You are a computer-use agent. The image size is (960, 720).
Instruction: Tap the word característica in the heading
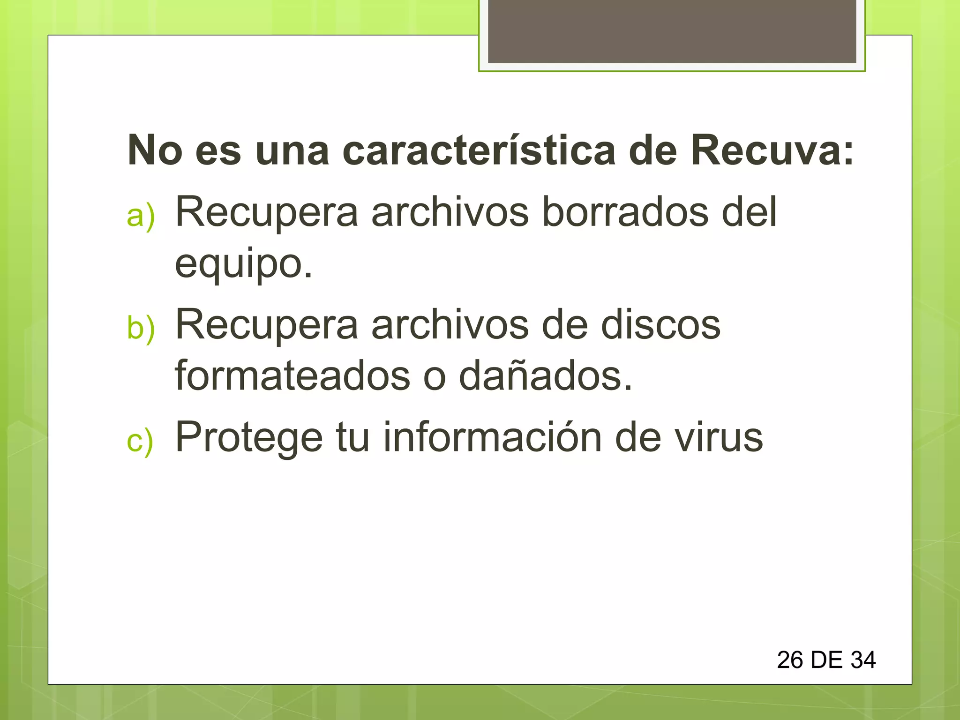479,150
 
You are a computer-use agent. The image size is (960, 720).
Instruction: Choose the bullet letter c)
140,441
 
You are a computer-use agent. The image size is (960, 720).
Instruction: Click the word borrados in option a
625,212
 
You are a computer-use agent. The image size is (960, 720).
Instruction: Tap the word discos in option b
660,324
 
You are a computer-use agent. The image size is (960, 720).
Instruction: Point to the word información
492,437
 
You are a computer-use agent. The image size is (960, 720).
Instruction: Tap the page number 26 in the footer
790,660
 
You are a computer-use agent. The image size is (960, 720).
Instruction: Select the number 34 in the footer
863,660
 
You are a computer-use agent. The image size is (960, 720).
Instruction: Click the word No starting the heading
155,150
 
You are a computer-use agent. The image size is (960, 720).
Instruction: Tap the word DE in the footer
826,660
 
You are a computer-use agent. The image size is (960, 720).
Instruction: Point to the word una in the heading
292,150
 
